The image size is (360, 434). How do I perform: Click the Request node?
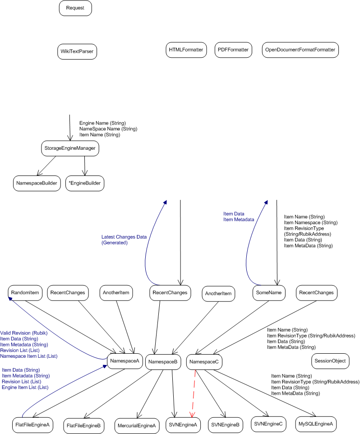pyautogui.click(x=75, y=8)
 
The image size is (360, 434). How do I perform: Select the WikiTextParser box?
pyautogui.click(x=77, y=51)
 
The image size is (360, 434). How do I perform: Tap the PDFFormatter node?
pyautogui.click(x=233, y=50)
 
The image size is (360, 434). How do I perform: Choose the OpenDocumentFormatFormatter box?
pyautogui.click(x=300, y=50)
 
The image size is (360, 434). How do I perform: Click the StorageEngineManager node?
pyautogui.click(x=70, y=148)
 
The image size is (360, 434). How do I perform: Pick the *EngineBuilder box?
pyautogui.click(x=85, y=183)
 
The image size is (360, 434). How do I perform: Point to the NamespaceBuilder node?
pyautogui.click(x=37, y=183)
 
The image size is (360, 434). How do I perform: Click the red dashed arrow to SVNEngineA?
pyautogui.click(x=193, y=393)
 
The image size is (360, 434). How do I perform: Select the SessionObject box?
pyautogui.click(x=330, y=361)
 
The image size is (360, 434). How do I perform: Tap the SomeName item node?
pyautogui.click(x=269, y=293)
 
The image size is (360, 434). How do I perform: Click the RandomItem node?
pyautogui.click(x=25, y=293)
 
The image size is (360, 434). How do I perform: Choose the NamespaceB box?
pyautogui.click(x=163, y=362)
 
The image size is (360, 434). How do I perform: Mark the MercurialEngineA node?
pyautogui.click(x=137, y=426)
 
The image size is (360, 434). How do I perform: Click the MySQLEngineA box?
pyautogui.click(x=316, y=424)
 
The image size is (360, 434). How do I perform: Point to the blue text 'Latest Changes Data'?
pyautogui.click(x=124, y=237)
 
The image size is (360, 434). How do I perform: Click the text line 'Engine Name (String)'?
pyautogui.click(x=102, y=123)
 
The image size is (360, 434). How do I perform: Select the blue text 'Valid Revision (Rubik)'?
pyautogui.click(x=24, y=333)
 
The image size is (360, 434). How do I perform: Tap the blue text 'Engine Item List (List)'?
pyautogui.click(x=25, y=387)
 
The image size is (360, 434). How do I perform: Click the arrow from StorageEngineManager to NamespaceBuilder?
pyautogui.click(x=46, y=166)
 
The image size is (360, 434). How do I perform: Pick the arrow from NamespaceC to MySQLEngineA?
pyautogui.click(x=265, y=393)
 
